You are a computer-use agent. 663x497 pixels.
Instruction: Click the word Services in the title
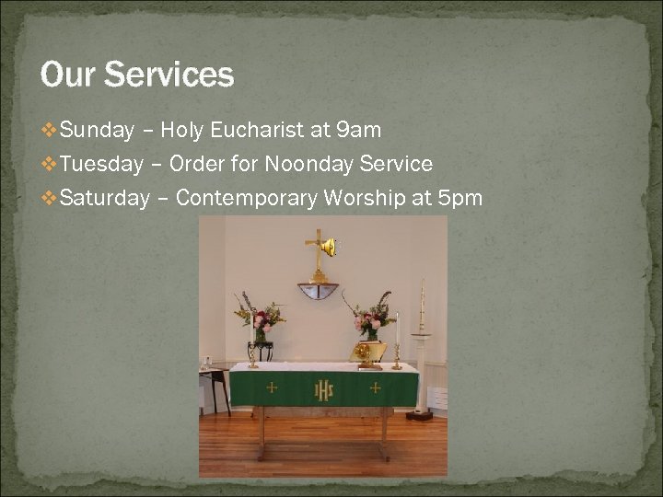click(169, 75)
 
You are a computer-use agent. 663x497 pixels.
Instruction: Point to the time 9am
click(358, 131)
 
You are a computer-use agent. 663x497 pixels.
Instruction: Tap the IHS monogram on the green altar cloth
click(324, 390)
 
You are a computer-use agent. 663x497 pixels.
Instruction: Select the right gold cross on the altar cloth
click(375, 388)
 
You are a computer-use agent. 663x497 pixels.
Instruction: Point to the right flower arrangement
click(371, 318)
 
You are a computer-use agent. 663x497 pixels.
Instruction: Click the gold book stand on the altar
click(367, 353)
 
